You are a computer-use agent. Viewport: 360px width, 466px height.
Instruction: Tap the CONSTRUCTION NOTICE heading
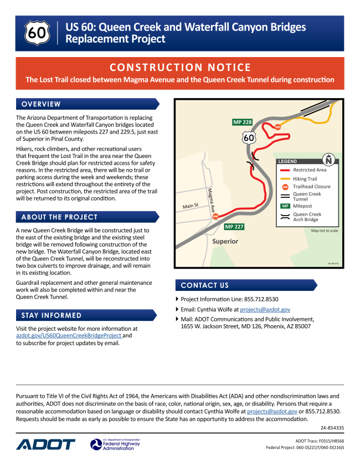(x=180, y=68)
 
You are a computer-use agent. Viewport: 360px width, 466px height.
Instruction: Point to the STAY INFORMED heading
(x=52, y=315)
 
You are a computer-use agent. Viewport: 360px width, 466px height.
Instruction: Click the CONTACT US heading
(x=204, y=285)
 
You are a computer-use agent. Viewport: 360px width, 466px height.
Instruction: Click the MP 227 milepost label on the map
(x=234, y=227)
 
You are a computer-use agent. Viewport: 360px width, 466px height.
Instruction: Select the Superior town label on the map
(x=225, y=242)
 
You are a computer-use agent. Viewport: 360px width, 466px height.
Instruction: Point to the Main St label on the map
(x=191, y=206)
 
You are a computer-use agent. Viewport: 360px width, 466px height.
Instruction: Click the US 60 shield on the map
(x=249, y=137)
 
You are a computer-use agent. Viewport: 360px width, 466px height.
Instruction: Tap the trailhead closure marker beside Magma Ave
(x=215, y=216)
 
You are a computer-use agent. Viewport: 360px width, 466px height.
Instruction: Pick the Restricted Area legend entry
(x=310, y=170)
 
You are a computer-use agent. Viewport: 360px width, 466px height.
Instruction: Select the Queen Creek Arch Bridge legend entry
(x=307, y=217)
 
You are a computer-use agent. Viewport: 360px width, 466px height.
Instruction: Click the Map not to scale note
(x=325, y=231)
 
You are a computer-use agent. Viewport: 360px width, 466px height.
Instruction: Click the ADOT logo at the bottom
(x=45, y=444)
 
